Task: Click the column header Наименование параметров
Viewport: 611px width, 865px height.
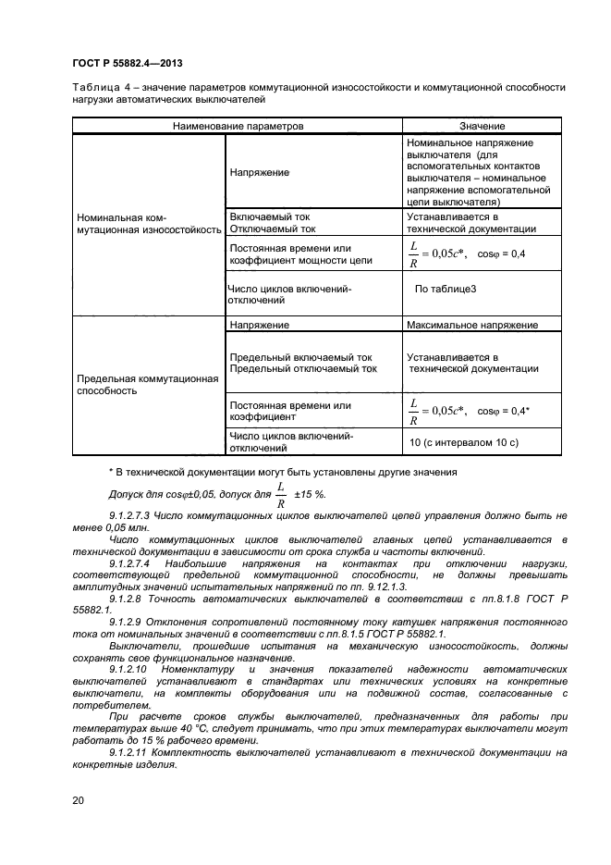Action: [238, 126]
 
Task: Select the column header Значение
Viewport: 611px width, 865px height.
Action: [482, 126]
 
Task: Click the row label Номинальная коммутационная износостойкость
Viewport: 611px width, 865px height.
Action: [148, 224]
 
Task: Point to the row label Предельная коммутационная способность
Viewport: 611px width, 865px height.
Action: [147, 384]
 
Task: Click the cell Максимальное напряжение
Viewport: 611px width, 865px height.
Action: [472, 326]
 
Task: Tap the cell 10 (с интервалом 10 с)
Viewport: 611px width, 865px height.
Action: [464, 443]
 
